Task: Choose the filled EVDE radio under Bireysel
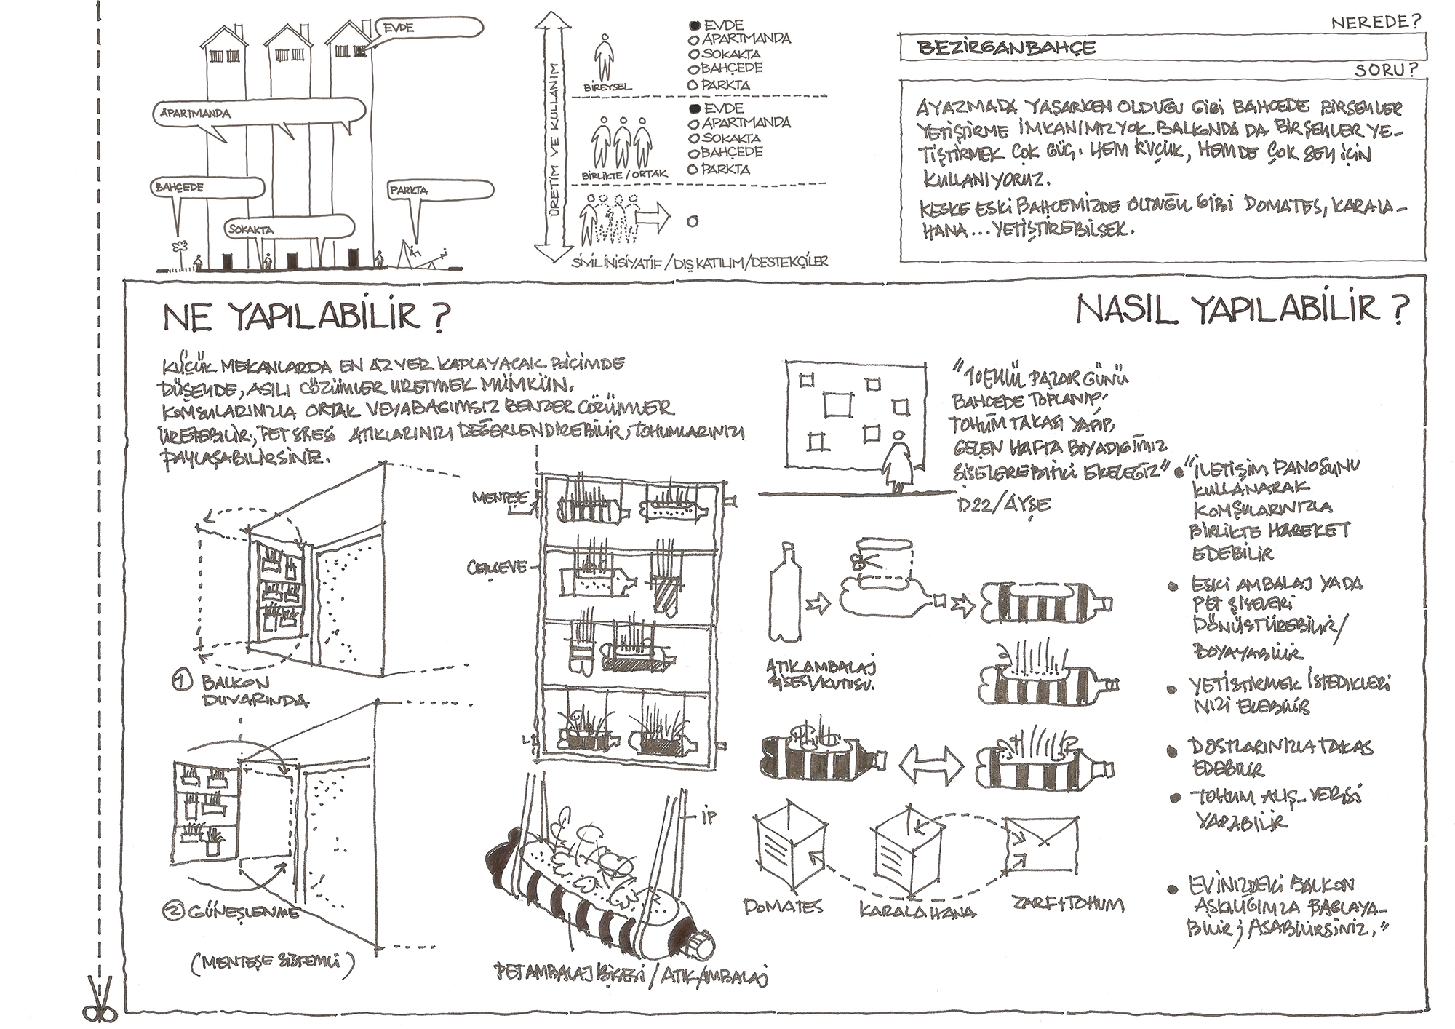click(694, 25)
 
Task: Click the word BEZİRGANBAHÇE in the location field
click(1006, 48)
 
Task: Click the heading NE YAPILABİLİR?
click(306, 316)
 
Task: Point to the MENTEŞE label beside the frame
click(501, 498)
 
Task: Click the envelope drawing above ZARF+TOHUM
click(1040, 844)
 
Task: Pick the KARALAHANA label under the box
click(917, 910)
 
